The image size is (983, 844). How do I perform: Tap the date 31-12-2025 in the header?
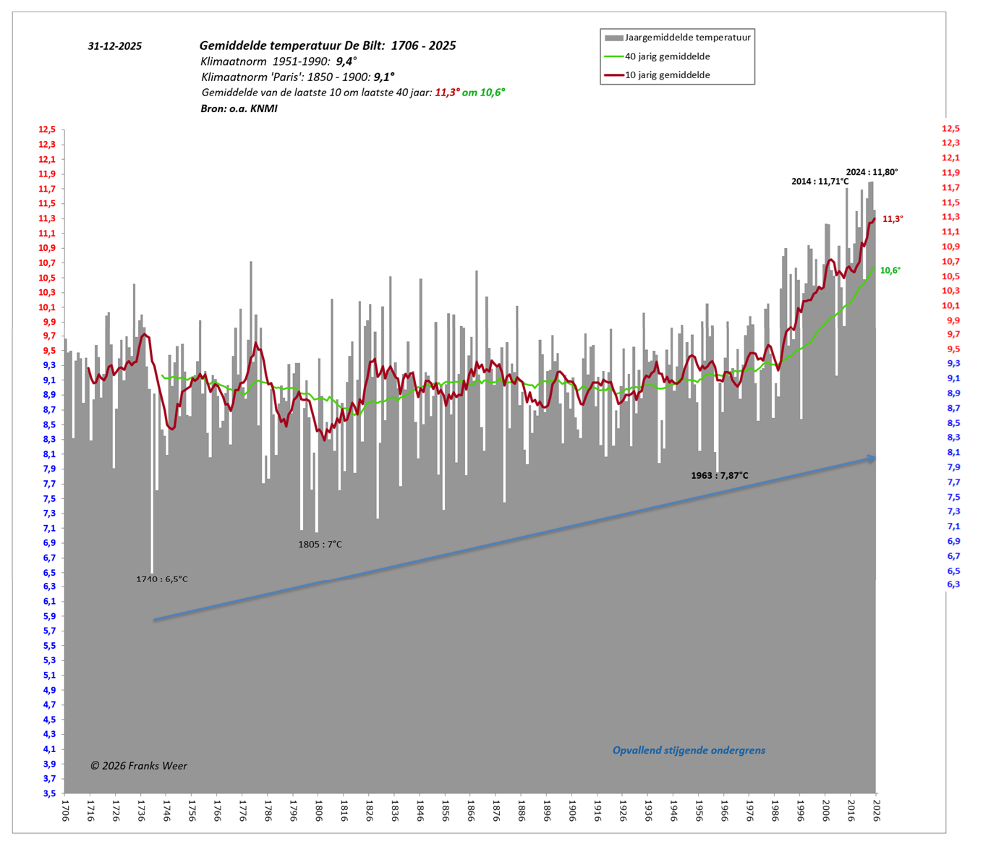pos(114,46)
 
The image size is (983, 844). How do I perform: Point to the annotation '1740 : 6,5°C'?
pos(162,579)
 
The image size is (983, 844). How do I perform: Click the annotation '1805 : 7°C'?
pos(320,545)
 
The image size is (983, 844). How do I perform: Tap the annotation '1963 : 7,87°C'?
pos(719,476)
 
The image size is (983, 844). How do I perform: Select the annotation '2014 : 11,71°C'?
pos(820,182)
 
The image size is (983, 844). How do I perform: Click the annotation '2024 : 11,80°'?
pos(872,172)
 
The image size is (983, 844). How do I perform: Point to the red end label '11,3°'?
pos(893,219)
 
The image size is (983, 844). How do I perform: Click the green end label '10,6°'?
pos(890,270)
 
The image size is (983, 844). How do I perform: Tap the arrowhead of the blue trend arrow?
pos(872,458)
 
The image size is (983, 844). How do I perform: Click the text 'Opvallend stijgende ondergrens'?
pos(689,751)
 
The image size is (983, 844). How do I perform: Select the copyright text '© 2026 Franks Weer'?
pos(138,766)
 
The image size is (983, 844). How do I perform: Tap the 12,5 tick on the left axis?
pos(47,129)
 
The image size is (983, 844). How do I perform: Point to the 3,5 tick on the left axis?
pos(48,793)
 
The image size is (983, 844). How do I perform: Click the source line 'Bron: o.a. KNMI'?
pos(239,109)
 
